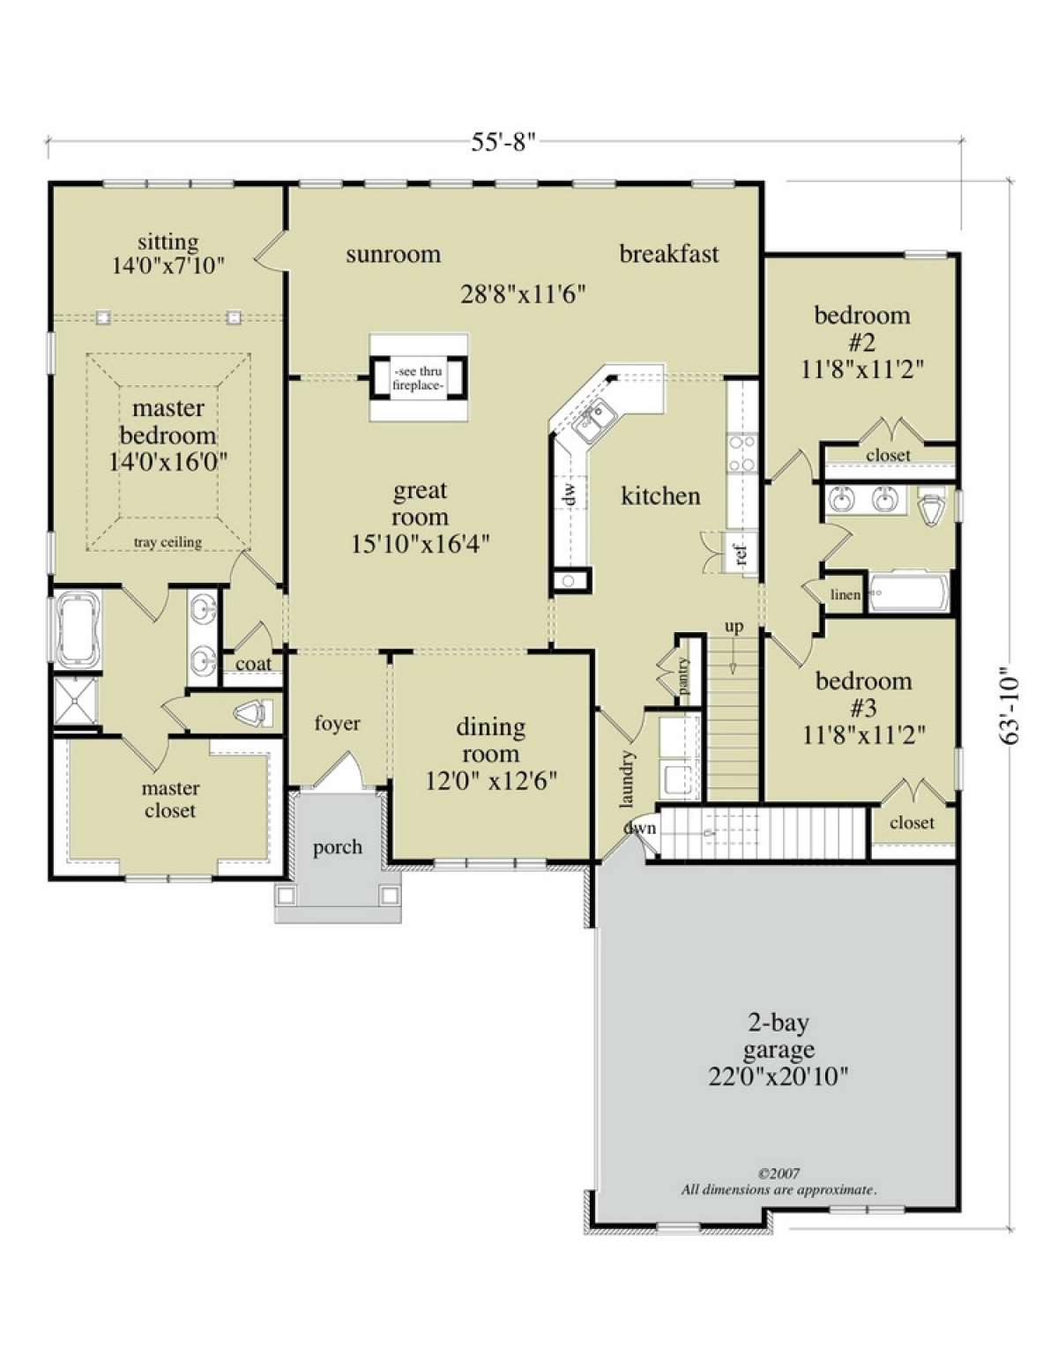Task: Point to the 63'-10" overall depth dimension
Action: (x=1009, y=706)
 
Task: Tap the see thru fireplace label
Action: (x=418, y=378)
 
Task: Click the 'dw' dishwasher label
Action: (x=570, y=495)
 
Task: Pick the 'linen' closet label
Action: (x=845, y=594)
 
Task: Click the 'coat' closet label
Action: (x=253, y=664)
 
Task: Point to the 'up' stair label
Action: (x=734, y=628)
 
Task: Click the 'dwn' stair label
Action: (x=641, y=828)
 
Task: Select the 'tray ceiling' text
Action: (x=168, y=542)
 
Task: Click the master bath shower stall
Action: (x=75, y=701)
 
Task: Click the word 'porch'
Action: (x=338, y=847)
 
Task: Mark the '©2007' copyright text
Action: (x=779, y=1173)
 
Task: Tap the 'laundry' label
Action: (x=628, y=779)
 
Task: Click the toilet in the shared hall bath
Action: (x=933, y=506)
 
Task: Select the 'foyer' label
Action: (x=338, y=724)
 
